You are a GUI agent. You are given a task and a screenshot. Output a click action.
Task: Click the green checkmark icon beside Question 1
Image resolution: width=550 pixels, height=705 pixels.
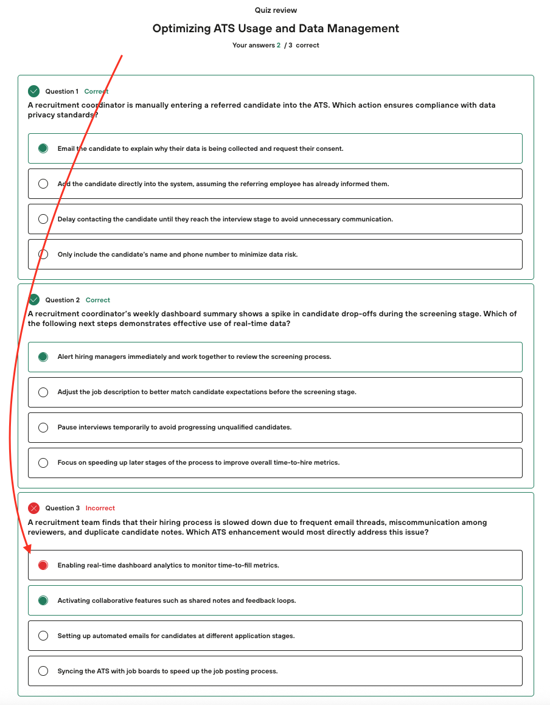point(33,91)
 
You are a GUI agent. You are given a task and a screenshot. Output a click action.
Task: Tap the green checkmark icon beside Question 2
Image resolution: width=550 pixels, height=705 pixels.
point(33,300)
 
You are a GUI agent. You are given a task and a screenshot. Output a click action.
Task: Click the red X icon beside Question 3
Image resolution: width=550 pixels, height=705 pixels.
point(33,508)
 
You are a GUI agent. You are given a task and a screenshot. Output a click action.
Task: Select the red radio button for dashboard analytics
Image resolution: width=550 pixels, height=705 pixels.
point(43,565)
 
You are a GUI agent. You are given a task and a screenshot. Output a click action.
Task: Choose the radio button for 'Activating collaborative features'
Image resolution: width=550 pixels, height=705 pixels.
point(43,600)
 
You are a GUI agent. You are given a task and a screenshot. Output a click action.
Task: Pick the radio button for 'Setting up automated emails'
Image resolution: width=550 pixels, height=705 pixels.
point(43,636)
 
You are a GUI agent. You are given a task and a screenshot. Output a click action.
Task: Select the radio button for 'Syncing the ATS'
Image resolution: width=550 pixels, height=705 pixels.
point(43,671)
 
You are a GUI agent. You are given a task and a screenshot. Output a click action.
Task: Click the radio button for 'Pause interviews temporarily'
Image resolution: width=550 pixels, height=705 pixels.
point(43,427)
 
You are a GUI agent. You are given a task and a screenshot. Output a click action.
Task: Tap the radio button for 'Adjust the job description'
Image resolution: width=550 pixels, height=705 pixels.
point(43,392)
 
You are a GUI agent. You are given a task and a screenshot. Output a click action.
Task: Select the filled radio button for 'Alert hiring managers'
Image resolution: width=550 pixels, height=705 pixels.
point(43,356)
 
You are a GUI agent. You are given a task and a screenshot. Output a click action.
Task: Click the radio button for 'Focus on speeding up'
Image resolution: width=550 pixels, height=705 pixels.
point(43,462)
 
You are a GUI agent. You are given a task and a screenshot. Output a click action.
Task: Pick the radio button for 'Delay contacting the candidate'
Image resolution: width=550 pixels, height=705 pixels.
point(43,219)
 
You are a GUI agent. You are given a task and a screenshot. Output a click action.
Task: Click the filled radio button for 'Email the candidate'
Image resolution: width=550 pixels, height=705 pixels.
point(43,148)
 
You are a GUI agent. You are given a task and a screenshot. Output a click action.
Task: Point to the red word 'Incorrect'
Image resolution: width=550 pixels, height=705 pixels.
point(100,508)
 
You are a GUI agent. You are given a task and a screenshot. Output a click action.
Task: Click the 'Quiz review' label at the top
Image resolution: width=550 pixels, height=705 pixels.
point(276,10)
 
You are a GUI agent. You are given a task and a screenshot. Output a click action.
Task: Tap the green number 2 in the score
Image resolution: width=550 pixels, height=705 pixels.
point(279,45)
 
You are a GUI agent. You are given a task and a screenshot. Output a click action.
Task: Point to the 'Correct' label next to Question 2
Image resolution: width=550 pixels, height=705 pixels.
point(98,300)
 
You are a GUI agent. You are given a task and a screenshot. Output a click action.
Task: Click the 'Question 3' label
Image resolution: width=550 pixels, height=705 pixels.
point(63,508)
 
